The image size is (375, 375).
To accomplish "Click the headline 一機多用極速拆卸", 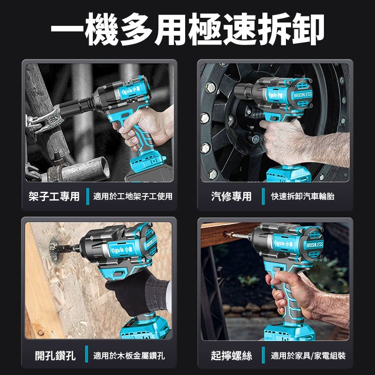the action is pyautogui.click(x=187, y=29).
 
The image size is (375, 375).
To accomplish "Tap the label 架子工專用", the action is pyautogui.click(x=54, y=196).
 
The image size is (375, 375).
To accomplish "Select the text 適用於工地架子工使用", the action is pyautogui.click(x=133, y=196).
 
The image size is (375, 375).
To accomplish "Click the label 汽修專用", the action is pyautogui.click(x=231, y=196).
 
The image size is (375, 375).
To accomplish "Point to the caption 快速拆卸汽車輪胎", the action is pyautogui.click(x=302, y=196).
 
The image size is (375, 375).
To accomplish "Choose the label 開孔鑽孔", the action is pyautogui.click(x=55, y=356).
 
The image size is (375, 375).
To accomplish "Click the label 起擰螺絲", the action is pyautogui.click(x=231, y=356).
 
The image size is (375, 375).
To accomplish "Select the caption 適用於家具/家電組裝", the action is pyautogui.click(x=308, y=356).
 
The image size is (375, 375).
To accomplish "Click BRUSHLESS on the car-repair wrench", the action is pyautogui.click(x=303, y=95).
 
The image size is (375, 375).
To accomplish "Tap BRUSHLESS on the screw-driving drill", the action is pyautogui.click(x=315, y=245).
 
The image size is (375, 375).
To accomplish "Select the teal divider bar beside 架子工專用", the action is pyautogui.click(x=88, y=196).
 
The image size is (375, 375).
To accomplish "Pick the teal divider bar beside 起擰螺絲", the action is pyautogui.click(x=263, y=355).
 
